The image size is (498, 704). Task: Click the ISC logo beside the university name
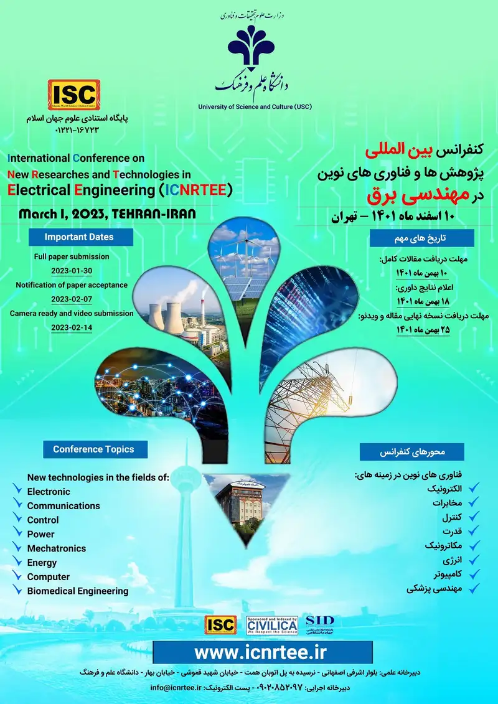[x=73, y=94]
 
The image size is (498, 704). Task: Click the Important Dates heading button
[x=79, y=237]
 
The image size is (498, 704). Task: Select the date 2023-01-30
[x=72, y=270]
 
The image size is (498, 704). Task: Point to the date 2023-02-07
[x=72, y=299]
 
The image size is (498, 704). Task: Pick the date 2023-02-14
[x=72, y=327]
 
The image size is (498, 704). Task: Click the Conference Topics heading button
[x=88, y=449]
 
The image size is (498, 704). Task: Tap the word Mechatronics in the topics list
[x=57, y=548]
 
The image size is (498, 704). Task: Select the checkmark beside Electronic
[x=17, y=492]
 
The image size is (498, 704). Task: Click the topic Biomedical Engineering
[x=78, y=591]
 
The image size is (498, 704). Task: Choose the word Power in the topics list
[x=40, y=534]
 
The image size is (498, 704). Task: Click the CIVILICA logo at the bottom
[x=272, y=626]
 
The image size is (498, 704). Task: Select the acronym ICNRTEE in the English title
[x=195, y=190]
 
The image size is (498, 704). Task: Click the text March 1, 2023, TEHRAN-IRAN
[x=107, y=214]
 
